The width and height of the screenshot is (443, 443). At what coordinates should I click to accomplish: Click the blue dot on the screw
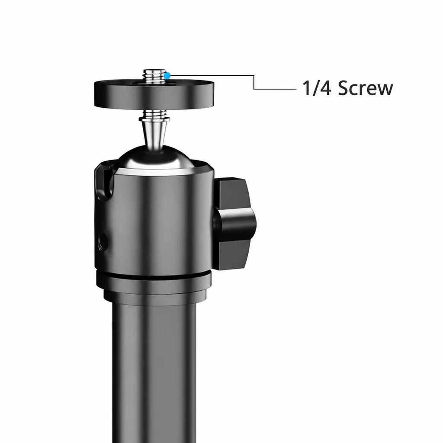[x=167, y=76]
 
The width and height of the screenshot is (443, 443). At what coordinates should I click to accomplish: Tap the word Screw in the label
[x=365, y=88]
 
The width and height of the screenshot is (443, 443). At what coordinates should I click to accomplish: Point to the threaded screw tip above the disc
[x=154, y=76]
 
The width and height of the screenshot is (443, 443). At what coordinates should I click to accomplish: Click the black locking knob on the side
[x=234, y=223]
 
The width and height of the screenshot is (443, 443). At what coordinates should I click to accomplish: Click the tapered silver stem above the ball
[x=154, y=132]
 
